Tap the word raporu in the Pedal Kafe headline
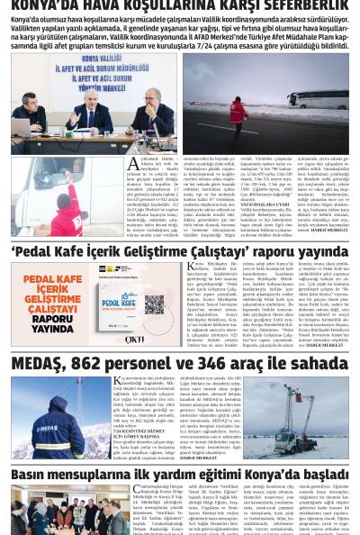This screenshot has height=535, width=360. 254,252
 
